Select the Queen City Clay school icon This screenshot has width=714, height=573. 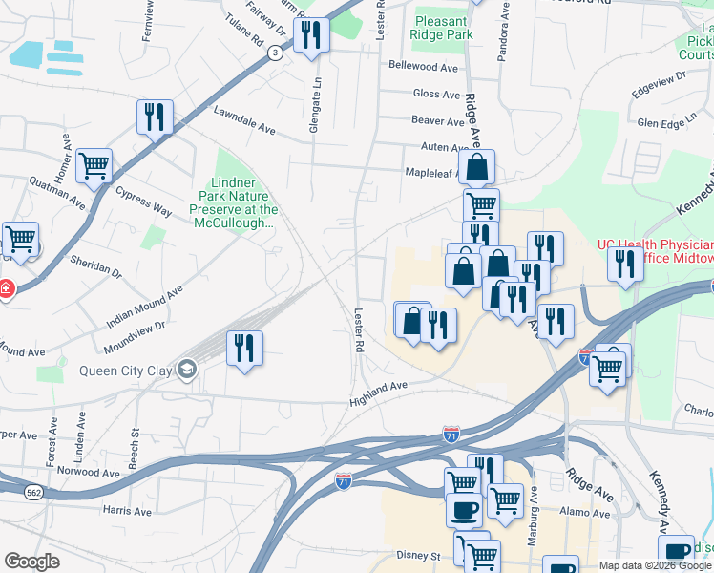click(188, 370)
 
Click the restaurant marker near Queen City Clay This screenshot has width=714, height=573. click(244, 348)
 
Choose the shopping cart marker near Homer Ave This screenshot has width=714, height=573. click(94, 166)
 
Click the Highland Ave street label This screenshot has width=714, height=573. click(379, 386)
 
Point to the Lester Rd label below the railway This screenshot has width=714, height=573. click(359, 330)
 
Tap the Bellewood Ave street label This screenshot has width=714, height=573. click(425, 67)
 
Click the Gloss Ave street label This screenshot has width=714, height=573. click(437, 94)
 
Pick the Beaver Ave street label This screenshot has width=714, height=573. click(437, 120)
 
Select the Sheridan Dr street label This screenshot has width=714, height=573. click(95, 265)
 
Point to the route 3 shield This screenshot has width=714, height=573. click(275, 54)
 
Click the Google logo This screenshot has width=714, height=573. click(32, 561)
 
